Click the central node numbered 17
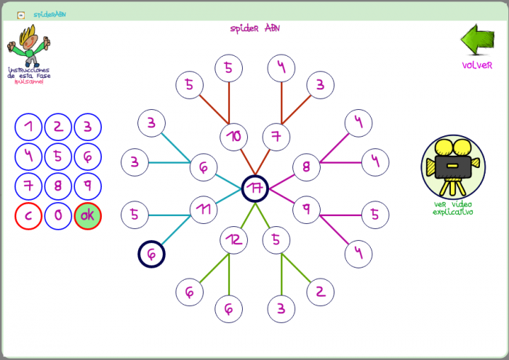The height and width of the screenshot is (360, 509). pos(255,188)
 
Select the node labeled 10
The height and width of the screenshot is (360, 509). pos(233,136)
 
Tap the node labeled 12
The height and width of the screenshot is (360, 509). pos(233,239)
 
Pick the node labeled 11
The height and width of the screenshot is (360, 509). pos(204,209)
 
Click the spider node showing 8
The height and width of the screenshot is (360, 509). pos(306,167)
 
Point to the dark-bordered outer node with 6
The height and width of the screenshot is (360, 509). pos(151,254)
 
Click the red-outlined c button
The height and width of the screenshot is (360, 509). pos(28,216)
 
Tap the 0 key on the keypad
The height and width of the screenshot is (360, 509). pos(58,216)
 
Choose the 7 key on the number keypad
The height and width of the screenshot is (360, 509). pos(28,185)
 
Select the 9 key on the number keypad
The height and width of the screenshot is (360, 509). pos(88,185)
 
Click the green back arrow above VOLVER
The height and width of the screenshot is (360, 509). pos(477,41)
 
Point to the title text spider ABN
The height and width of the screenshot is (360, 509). pos(254,28)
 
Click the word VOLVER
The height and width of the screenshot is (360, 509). pos(477,65)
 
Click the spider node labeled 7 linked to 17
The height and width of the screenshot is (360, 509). pos(276,136)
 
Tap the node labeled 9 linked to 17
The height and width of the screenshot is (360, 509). pos(306,209)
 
